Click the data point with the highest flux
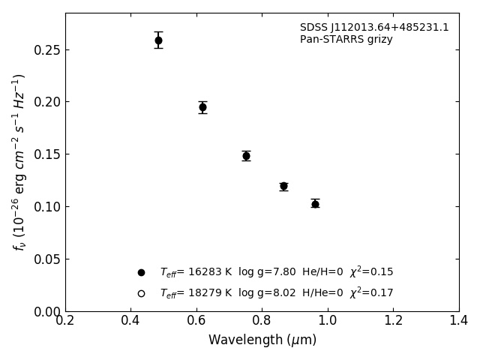(158, 40)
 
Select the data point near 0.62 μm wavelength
(202, 107)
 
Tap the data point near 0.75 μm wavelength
(246, 156)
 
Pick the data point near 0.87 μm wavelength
(283, 186)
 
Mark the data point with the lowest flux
(315, 203)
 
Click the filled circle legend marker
(141, 272)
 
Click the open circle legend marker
(141, 293)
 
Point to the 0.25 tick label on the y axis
(46, 50)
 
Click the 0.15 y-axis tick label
(46, 154)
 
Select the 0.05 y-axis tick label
(46, 259)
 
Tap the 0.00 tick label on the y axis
(46, 311)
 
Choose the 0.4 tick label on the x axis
(130, 321)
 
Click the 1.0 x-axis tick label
(328, 321)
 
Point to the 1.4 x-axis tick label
(458, 321)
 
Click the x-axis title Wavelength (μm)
(262, 340)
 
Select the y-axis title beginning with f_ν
(19, 162)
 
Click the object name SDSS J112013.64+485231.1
(374, 28)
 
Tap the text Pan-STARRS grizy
(346, 40)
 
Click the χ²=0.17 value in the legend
(372, 293)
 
